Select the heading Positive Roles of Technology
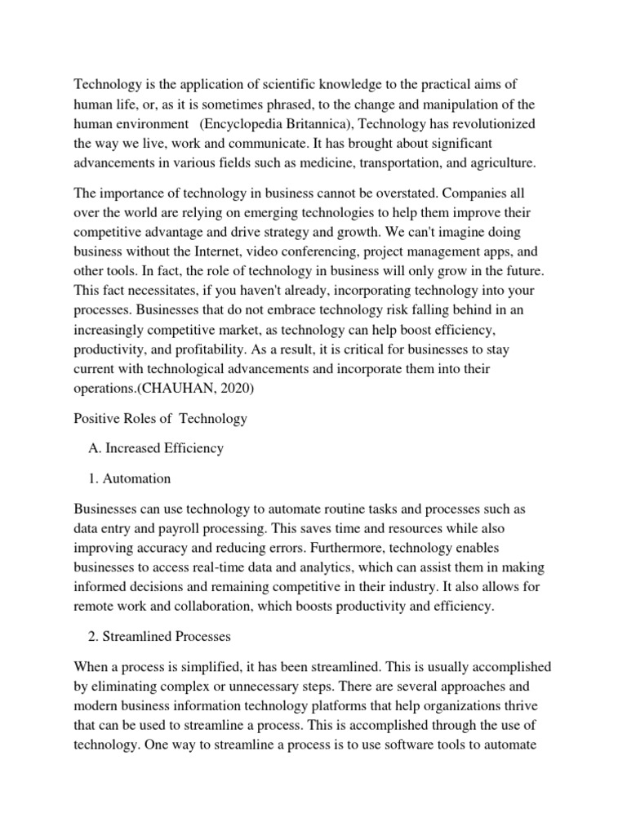point(160,419)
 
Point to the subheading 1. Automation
point(128,478)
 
